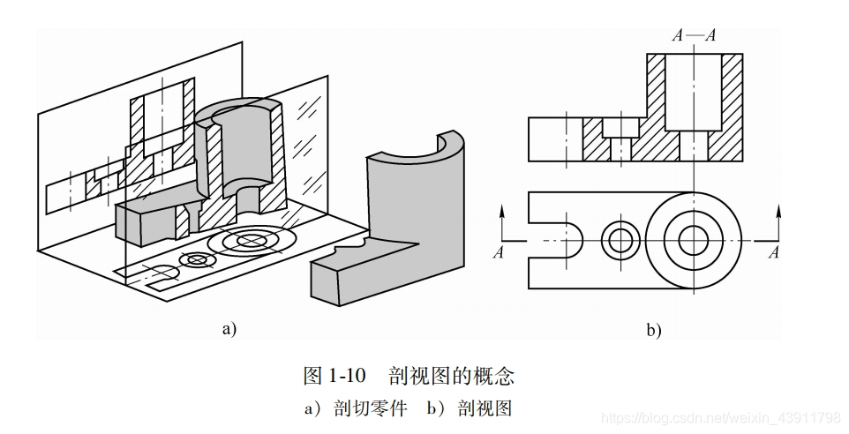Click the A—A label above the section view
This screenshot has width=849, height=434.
point(694,36)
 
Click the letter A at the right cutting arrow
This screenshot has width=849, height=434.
point(774,253)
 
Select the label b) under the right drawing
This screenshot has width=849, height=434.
point(654,331)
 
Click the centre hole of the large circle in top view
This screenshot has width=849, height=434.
point(693,239)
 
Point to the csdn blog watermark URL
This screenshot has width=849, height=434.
point(719,415)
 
